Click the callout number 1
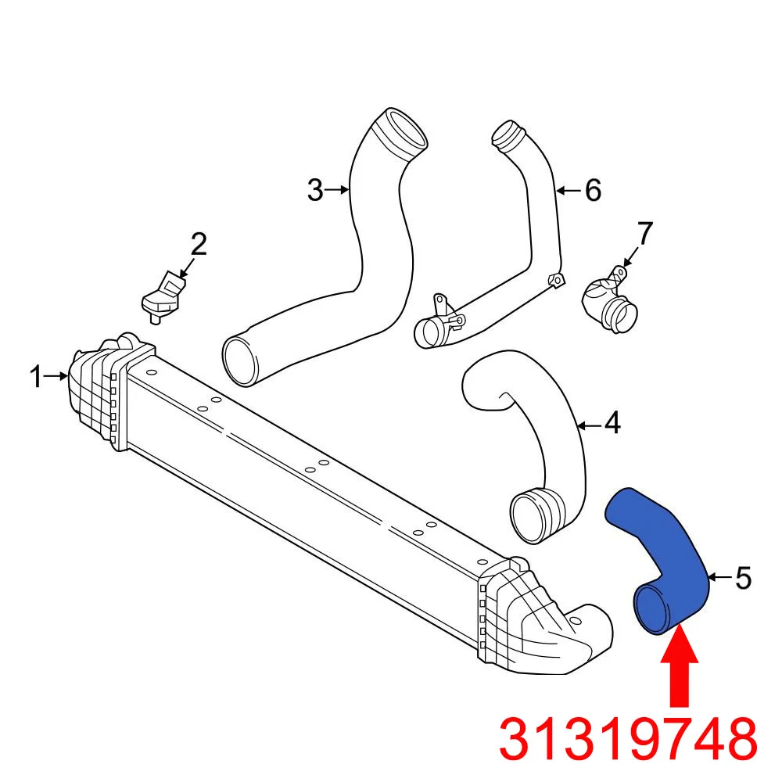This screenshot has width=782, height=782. point(36,378)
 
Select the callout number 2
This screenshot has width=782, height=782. point(199,245)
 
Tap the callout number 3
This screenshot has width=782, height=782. point(315,190)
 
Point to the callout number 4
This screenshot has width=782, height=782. point(612,424)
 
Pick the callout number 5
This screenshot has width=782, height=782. point(742,579)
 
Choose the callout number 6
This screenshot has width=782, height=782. point(593,190)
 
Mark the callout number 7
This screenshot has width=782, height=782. point(644,233)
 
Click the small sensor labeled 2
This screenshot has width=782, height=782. point(161,296)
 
